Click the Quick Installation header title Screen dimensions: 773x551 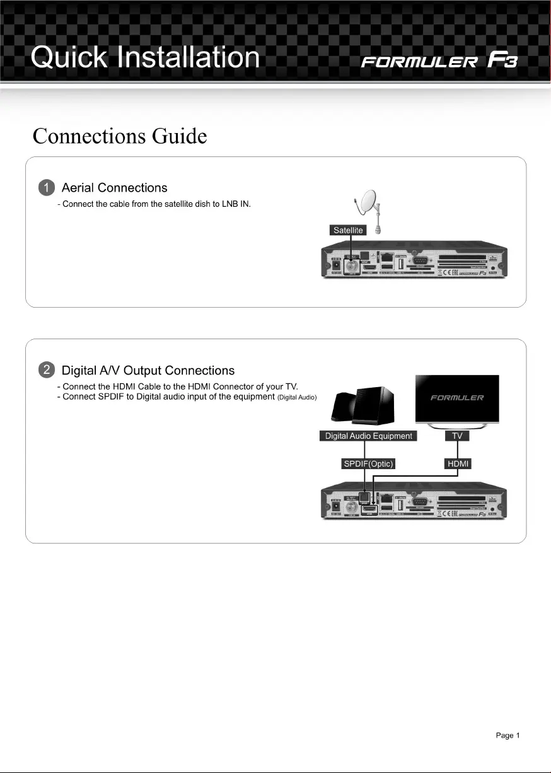click(x=146, y=58)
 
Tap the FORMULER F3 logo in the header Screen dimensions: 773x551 click(x=439, y=62)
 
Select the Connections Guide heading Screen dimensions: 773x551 click(x=120, y=136)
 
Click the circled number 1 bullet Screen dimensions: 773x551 click(x=46, y=188)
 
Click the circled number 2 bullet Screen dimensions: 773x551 click(x=46, y=371)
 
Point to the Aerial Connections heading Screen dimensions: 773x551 click(x=114, y=188)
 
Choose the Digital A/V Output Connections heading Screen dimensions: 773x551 click(x=148, y=371)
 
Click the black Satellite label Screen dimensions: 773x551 click(x=347, y=231)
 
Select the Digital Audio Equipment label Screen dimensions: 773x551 click(x=368, y=436)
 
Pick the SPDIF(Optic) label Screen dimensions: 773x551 click(x=368, y=464)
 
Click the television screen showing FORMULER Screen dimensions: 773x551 click(x=457, y=398)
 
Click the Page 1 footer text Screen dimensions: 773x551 click(x=507, y=735)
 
